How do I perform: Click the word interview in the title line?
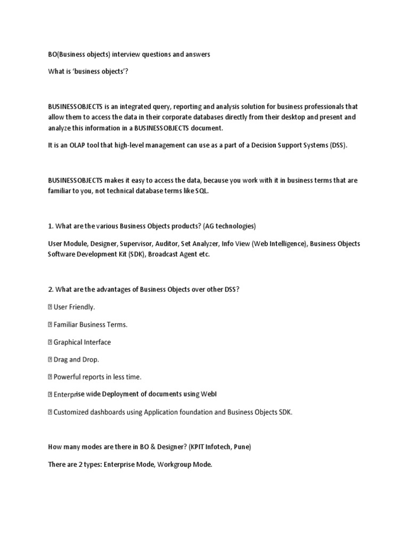[124, 54]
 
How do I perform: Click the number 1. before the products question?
[51, 226]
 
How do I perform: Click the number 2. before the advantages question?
[51, 290]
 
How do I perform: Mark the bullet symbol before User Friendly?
[50, 307]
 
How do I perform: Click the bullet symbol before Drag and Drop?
[50, 359]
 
